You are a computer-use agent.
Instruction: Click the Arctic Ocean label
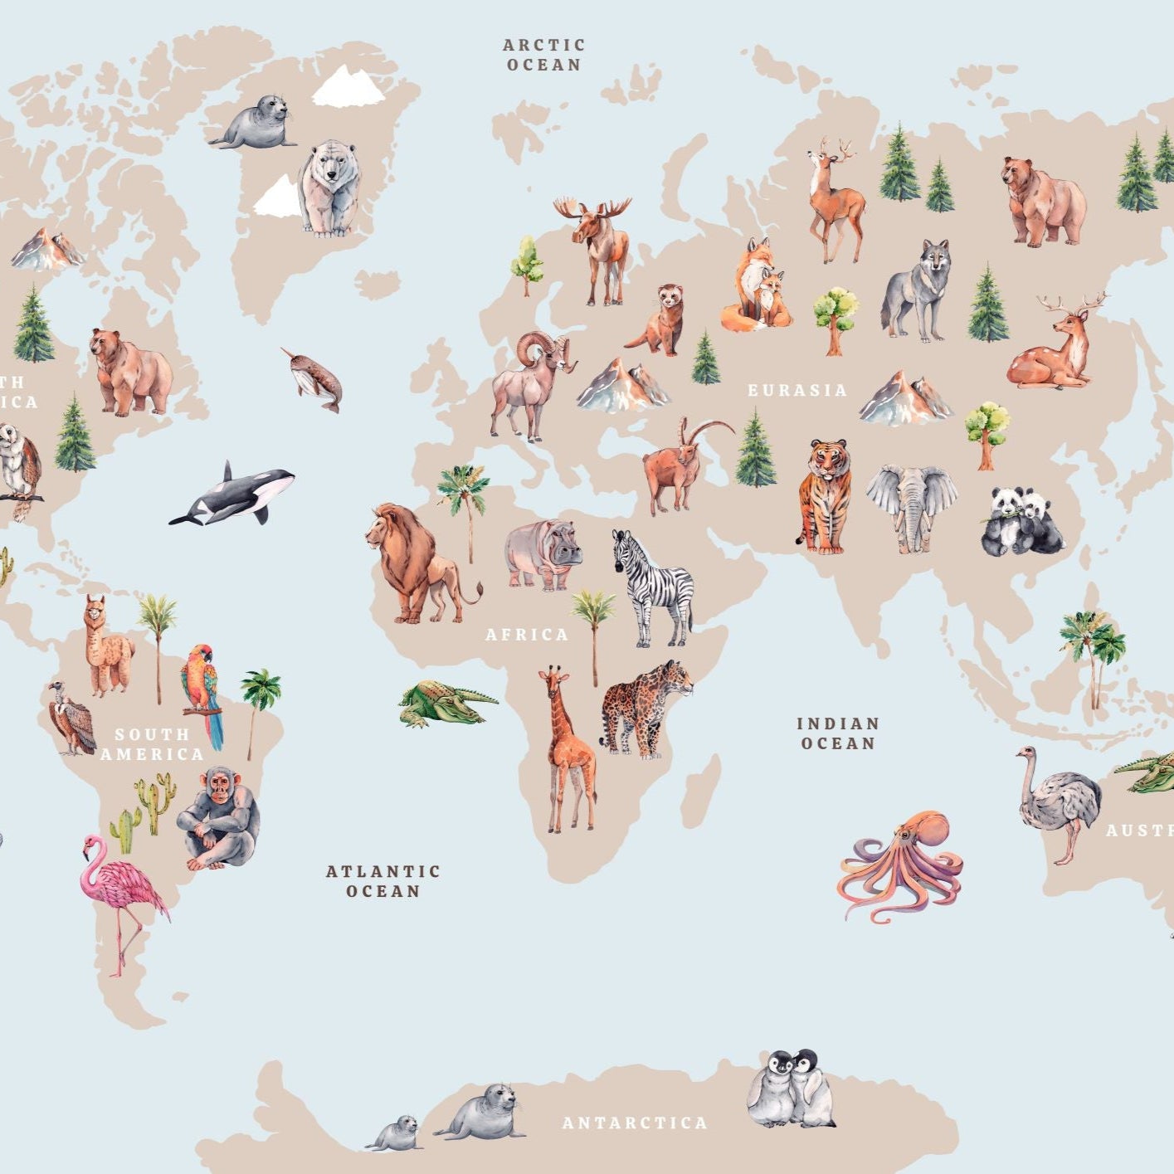click(x=544, y=55)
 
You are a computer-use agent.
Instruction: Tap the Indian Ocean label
click(x=838, y=733)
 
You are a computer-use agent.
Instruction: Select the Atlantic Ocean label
click(x=382, y=881)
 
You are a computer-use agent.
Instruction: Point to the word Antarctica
click(x=635, y=1123)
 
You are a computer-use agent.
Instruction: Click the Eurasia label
click(x=797, y=390)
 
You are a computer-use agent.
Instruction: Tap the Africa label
click(x=527, y=635)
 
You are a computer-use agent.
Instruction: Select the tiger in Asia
click(x=824, y=495)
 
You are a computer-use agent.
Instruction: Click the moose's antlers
click(x=592, y=207)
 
